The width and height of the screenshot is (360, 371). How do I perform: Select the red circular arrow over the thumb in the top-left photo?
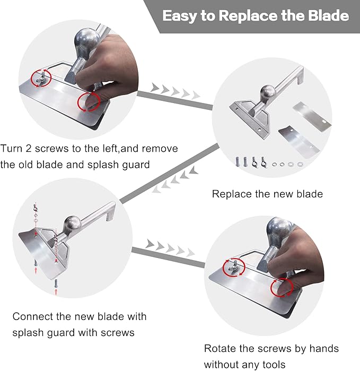click(88, 102)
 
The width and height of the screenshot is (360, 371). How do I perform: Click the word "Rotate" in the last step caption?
click(220, 349)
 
